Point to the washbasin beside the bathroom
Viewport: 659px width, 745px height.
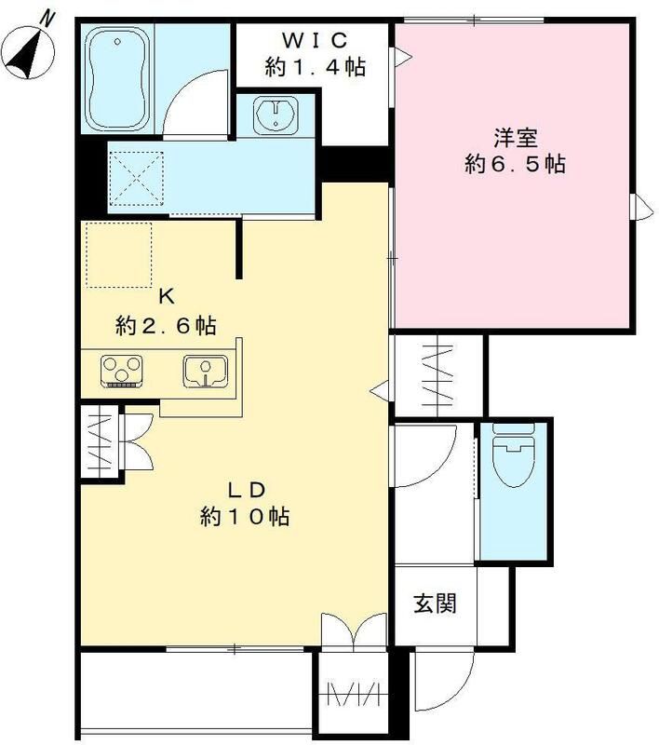(276, 115)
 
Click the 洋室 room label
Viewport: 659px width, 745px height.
(515, 138)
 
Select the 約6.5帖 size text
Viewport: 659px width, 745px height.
(515, 165)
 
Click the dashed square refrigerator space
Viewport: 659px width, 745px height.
(118, 255)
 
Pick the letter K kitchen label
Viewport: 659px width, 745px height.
(167, 297)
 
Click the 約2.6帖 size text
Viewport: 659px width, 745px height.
(167, 326)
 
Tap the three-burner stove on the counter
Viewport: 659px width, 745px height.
(121, 370)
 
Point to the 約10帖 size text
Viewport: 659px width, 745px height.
(244, 517)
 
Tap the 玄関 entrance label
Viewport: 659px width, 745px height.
(434, 603)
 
